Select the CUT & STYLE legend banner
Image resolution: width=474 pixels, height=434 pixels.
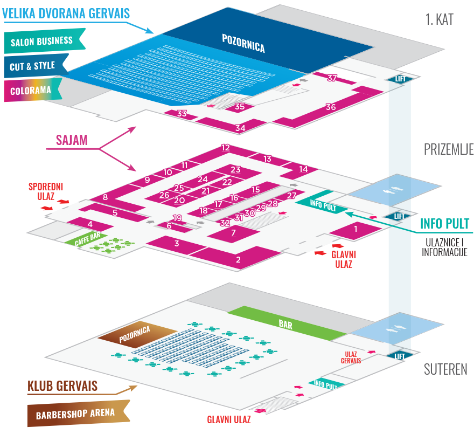33,66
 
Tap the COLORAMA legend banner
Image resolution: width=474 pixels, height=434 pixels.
31,91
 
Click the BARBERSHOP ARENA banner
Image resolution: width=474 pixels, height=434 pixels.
75,414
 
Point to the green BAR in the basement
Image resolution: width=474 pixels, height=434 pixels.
285,324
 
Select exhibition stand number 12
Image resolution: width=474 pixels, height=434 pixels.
226,148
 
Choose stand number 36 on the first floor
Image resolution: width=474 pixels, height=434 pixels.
331,107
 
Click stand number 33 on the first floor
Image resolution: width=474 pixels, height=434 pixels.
182,114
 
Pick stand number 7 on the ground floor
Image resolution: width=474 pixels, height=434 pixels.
233,233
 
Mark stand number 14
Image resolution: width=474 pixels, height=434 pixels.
303,169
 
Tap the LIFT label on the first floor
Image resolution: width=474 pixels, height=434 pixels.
400,79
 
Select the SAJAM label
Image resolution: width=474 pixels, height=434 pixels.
71,141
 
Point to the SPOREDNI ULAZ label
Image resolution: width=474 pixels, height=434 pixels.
46,191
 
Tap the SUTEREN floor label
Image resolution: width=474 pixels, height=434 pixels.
445,370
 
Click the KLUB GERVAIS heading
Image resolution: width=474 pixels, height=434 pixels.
62,386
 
